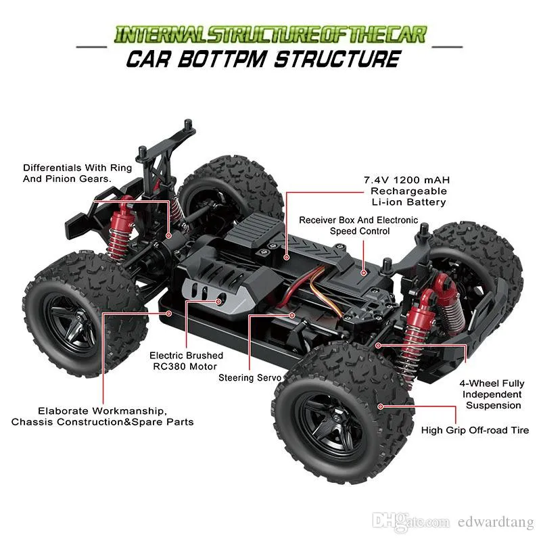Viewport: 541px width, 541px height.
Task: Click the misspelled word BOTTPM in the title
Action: (222, 59)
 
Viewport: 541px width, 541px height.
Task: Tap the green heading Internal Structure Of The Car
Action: (270, 35)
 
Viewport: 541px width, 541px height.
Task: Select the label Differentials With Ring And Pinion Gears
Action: (77, 173)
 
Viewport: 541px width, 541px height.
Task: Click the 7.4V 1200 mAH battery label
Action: (407, 191)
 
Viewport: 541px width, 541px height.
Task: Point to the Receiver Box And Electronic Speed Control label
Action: (358, 226)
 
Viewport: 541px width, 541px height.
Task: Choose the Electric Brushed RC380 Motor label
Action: (186, 361)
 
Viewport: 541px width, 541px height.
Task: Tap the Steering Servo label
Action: (250, 378)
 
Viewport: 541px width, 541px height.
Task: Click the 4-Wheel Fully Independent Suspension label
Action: (492, 394)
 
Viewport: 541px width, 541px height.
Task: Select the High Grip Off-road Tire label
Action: (475, 430)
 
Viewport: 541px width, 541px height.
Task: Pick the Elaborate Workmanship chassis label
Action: (102, 417)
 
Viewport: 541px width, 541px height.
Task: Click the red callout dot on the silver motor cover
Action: (218, 302)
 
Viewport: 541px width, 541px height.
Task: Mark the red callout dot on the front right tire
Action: (380, 406)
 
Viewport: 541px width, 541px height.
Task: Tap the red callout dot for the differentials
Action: (168, 235)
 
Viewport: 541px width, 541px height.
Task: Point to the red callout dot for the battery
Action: (286, 258)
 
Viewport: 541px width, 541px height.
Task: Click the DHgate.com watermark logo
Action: (411, 521)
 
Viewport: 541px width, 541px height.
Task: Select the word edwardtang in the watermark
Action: (496, 522)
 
